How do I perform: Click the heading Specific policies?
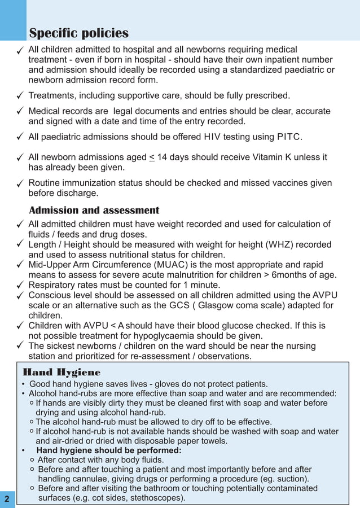78,33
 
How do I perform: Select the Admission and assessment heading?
94,210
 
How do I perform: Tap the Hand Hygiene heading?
62,373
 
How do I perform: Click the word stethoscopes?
155,498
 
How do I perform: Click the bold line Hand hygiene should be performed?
109,450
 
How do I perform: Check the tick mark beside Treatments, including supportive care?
20,95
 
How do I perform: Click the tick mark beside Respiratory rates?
20,285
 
